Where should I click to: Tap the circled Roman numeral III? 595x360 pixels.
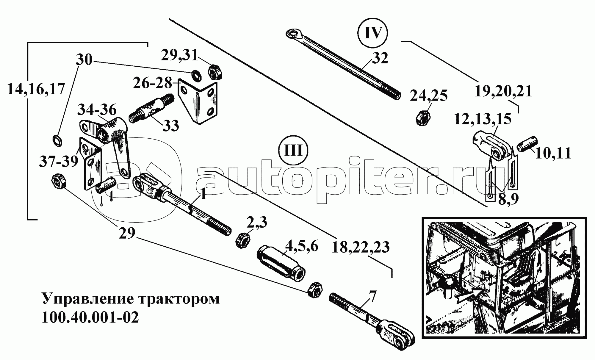point(293,151)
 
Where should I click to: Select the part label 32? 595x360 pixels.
point(380,58)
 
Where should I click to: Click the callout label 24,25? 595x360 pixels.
point(429,96)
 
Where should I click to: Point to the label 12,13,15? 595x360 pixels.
point(483,119)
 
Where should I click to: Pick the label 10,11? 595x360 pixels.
point(553,154)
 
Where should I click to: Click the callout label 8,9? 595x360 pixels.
point(508,198)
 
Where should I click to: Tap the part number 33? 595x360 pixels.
point(170,125)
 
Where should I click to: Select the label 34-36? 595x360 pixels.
point(97,110)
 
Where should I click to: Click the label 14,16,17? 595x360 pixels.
point(36,89)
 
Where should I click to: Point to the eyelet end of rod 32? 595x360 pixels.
point(295,34)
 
